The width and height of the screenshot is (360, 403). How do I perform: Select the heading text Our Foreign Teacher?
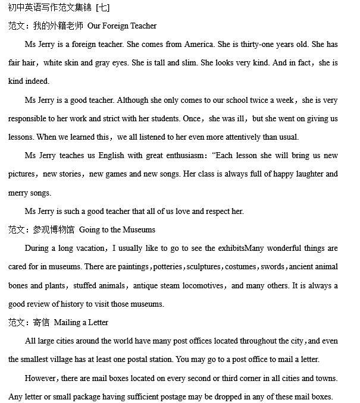coord(122,26)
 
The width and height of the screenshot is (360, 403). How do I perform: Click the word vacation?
coord(90,248)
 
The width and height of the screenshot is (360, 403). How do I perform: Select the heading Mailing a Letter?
coord(81,322)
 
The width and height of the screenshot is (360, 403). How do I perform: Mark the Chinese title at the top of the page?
coord(59,8)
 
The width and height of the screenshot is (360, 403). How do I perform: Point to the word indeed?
coord(37,81)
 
